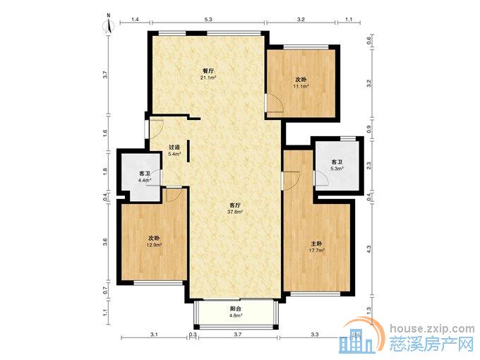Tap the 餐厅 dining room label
pos(208,71)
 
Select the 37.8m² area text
pos(235,212)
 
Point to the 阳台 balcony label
pos(235,309)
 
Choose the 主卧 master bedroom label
pos(316,244)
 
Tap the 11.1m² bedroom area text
pos(301,86)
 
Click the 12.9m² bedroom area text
pos(155,245)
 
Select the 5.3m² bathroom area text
pos(337,168)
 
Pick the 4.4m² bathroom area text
pos(145,180)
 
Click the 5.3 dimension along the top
pos(208,19)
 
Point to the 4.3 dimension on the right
pos(369,249)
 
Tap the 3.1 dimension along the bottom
pos(154,335)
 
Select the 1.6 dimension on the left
pos(105,133)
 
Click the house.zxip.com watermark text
pos(432,329)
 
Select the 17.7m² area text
pos(316,250)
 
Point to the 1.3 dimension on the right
pos(369,311)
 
